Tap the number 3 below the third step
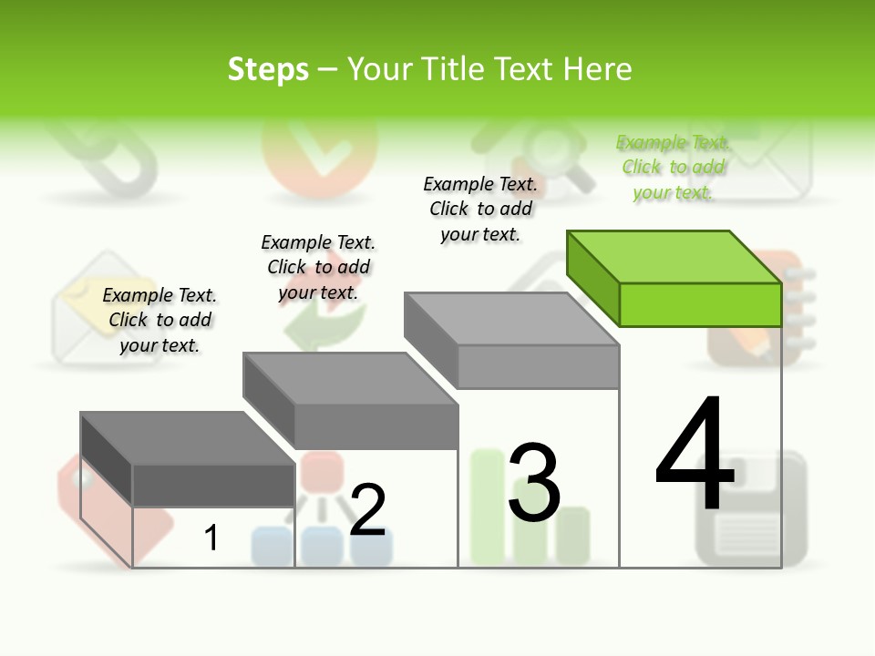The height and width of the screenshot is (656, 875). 534,483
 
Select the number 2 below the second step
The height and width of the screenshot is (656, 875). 367,510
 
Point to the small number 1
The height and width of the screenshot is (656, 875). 211,538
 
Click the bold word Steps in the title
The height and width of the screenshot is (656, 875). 268,69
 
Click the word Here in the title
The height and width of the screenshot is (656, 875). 598,69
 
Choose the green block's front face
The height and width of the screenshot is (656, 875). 700,304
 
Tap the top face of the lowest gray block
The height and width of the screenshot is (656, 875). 188,438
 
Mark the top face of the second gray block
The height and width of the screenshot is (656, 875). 350,378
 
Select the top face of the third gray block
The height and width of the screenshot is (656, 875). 511,319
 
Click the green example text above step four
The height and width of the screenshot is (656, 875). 673,167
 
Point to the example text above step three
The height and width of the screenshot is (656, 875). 480,209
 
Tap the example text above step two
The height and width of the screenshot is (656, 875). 318,267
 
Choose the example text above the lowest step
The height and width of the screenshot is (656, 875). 160,320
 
